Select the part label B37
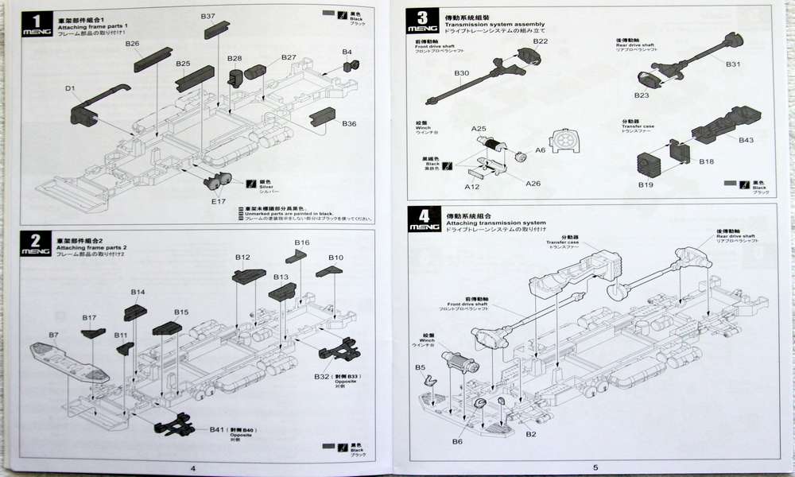pos(208,16)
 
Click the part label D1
pos(70,87)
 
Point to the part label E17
pos(218,201)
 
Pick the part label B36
pos(349,123)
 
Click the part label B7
pos(54,335)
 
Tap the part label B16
pos(302,242)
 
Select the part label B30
pos(461,73)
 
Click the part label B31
pos(733,64)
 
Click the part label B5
pos(421,367)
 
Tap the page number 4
pos(193,467)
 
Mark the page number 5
pos(595,467)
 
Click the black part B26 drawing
pos(153,59)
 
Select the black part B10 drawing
pos(328,271)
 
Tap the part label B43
pos(745,140)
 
